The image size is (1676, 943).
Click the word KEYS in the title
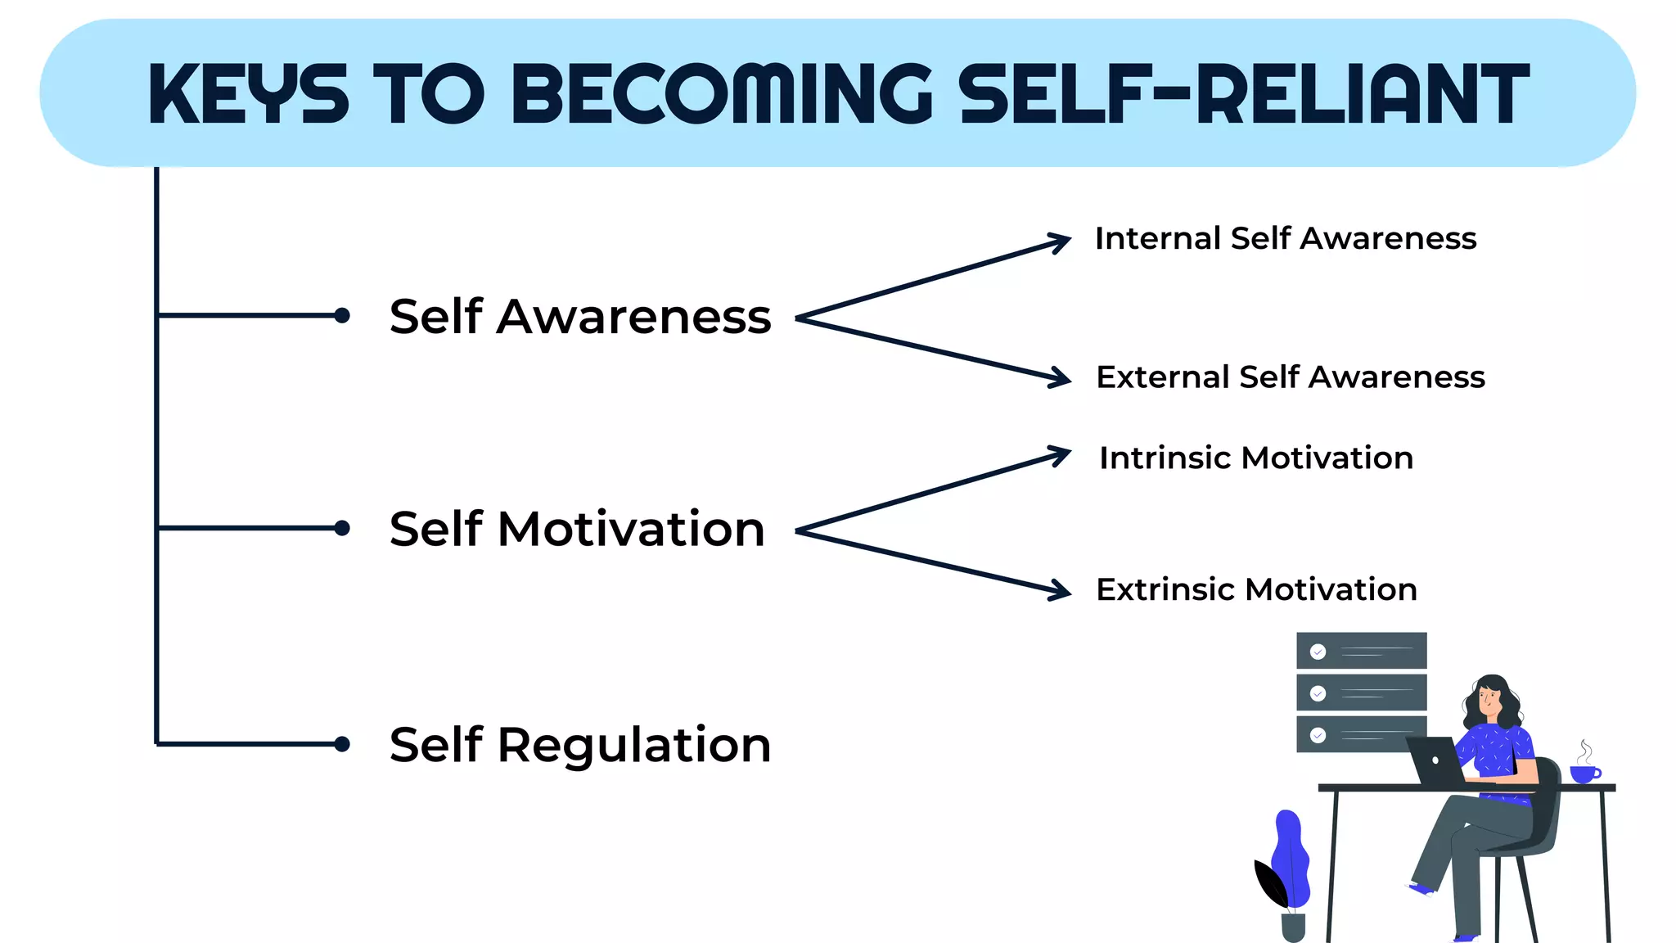(x=248, y=94)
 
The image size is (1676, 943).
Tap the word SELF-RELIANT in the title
(x=1243, y=94)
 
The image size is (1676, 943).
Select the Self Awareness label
(x=579, y=317)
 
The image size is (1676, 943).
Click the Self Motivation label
(x=577, y=529)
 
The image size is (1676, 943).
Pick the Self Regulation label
(x=579, y=745)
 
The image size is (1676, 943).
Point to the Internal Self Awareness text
(x=1285, y=239)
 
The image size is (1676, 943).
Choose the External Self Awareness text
(x=1290, y=377)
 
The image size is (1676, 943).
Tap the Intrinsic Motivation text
(x=1255, y=458)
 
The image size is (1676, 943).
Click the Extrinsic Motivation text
(x=1256, y=589)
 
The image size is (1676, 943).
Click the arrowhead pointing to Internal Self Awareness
(x=1062, y=242)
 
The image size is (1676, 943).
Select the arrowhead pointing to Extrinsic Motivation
(x=1062, y=590)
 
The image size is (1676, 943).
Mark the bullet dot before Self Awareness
(x=342, y=315)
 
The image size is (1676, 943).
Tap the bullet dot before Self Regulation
(x=342, y=744)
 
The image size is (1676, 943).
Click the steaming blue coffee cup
(x=1584, y=773)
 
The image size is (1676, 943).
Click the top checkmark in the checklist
(x=1318, y=652)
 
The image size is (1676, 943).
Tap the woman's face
(x=1489, y=701)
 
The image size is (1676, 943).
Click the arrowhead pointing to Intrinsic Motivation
(x=1062, y=453)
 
